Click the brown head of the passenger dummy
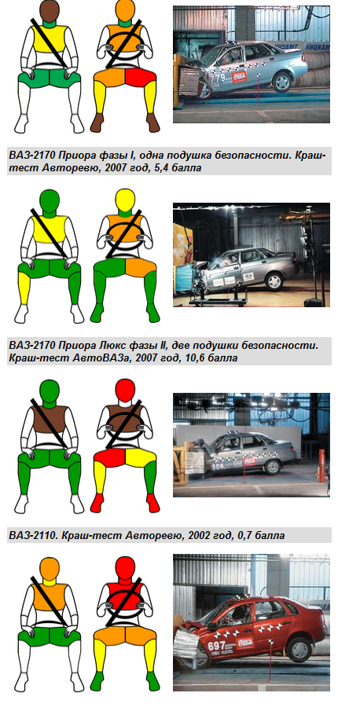(50, 9)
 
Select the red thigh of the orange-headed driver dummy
(141, 77)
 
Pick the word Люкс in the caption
(121, 346)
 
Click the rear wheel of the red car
(297, 649)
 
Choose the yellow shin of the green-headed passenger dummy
(24, 290)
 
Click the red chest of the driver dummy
(125, 596)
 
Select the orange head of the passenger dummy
(50, 568)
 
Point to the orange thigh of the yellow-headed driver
(141, 268)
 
